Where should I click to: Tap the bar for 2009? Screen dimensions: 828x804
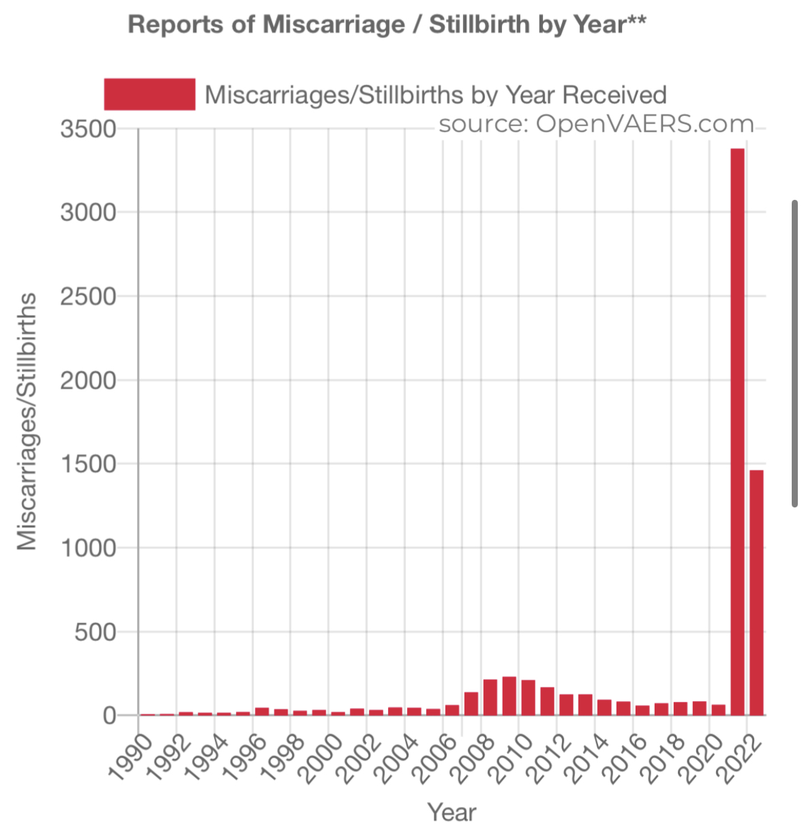(509, 696)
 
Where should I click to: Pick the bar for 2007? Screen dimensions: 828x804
(471, 703)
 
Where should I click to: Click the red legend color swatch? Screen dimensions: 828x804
(149, 94)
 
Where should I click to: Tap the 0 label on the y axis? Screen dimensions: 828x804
(110, 715)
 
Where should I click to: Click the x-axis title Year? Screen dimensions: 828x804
(451, 812)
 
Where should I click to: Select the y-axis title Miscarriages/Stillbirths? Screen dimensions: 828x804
(27, 422)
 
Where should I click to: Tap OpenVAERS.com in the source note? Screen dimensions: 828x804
(644, 124)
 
